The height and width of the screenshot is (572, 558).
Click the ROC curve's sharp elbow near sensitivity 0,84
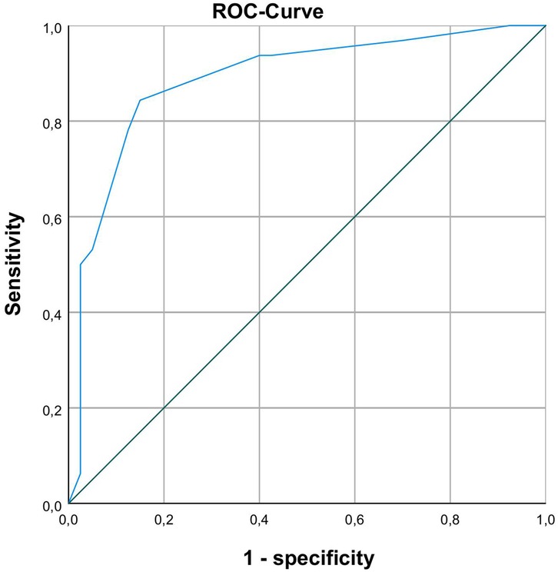[x=140, y=100]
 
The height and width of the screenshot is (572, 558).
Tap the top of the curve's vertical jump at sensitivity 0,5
[x=81, y=264]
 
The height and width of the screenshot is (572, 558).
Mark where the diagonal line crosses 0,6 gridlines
[x=355, y=217]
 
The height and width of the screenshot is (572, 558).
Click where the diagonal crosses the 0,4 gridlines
[x=260, y=312]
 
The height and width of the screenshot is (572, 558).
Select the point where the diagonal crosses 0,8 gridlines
[x=450, y=121]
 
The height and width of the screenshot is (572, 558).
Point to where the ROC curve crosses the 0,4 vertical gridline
[x=260, y=55]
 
